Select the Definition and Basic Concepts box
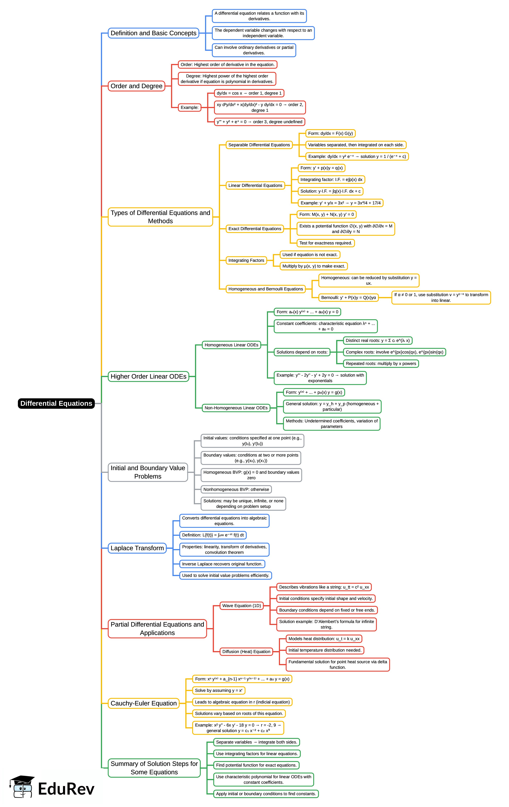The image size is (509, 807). coord(153,33)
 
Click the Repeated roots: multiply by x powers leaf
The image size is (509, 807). coord(381,364)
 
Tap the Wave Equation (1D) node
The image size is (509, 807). coord(241,606)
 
